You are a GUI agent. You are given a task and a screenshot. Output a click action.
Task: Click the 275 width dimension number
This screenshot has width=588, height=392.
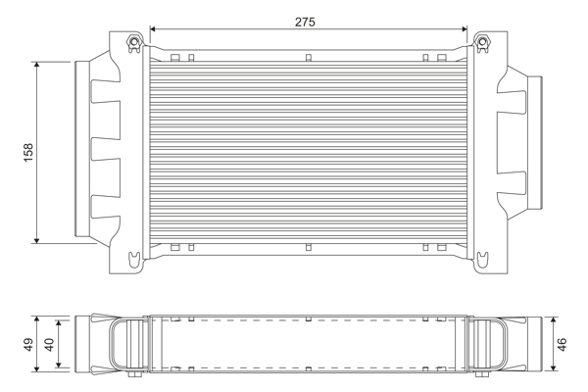pos(305,23)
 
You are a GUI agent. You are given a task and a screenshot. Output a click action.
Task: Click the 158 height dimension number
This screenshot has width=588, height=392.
pos(28,152)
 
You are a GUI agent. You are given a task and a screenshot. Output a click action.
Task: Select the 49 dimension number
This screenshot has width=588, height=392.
pos(28,344)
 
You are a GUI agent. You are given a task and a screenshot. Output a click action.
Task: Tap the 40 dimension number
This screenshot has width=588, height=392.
pos(49,344)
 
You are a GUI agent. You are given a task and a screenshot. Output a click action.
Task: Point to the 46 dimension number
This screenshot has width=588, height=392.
pos(562,344)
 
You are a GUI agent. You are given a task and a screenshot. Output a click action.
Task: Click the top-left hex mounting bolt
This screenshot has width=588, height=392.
pos(133,42)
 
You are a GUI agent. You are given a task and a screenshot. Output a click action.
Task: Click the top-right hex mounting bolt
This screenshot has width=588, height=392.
pos(482,42)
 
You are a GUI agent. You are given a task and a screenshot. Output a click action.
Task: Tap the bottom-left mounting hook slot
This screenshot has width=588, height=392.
pos(134,259)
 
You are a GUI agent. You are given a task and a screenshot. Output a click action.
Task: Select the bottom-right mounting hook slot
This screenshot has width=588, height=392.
pos(482,259)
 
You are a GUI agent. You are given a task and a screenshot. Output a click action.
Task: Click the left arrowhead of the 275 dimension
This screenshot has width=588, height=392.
pos(152,29)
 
